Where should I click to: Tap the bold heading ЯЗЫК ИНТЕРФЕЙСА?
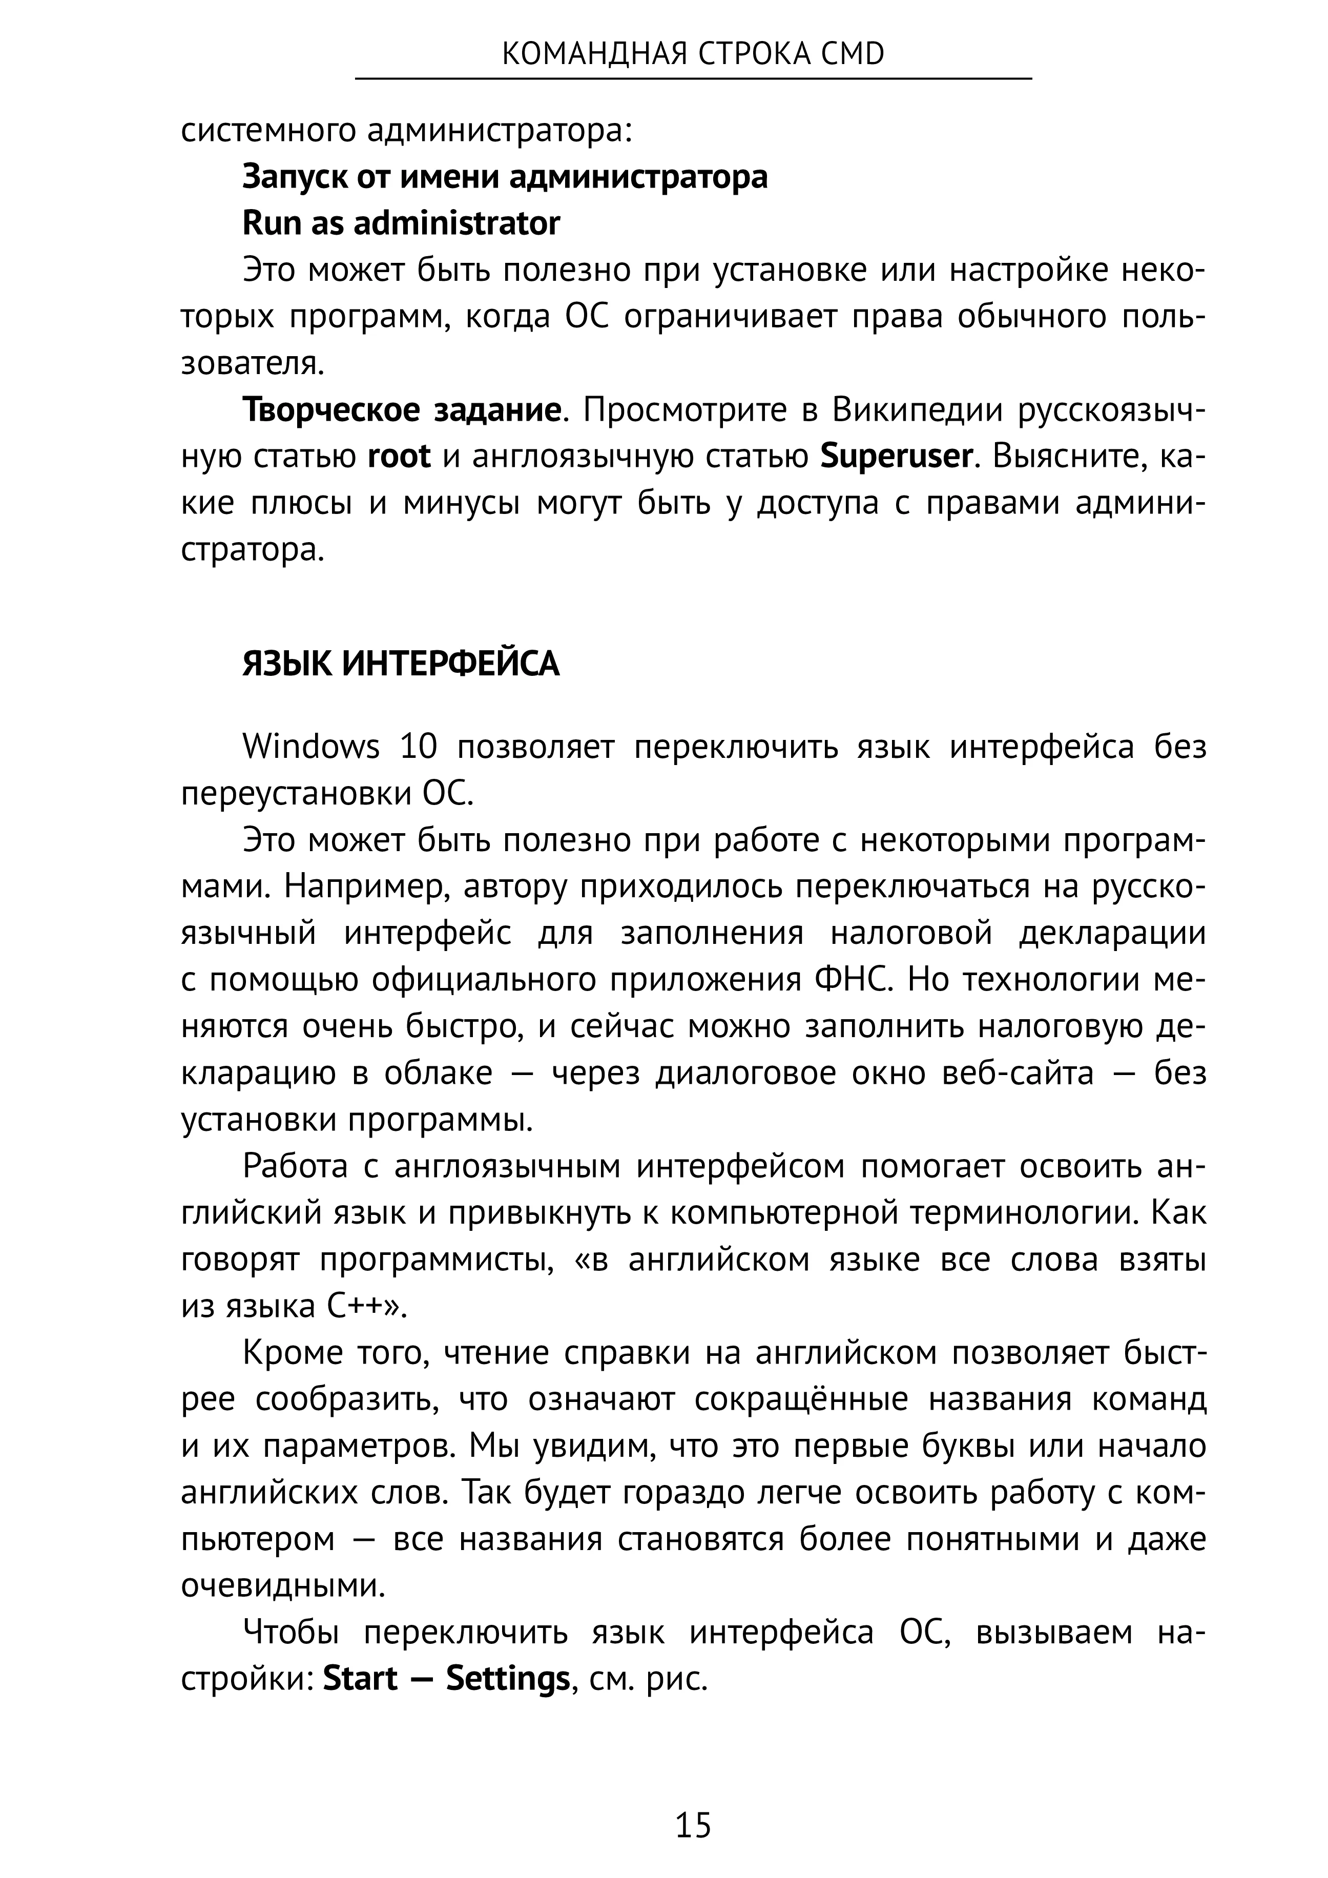(x=401, y=664)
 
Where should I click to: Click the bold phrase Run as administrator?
(x=401, y=223)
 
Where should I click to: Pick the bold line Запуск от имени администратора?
(x=505, y=177)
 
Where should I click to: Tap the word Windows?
(x=311, y=747)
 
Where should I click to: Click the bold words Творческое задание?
(x=402, y=410)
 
